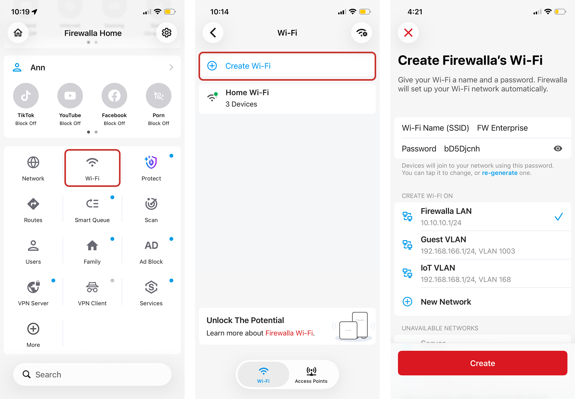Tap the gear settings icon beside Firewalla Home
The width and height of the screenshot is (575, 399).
point(167,32)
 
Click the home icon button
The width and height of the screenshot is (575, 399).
point(18,32)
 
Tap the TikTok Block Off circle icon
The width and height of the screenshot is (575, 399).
point(26,96)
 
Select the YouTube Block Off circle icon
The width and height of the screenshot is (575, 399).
point(70,96)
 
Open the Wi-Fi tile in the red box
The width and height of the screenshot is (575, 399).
point(92,168)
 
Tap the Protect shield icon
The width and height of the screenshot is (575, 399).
point(151,162)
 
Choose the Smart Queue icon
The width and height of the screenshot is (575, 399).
point(92,204)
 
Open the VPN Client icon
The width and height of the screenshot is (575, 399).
point(92,287)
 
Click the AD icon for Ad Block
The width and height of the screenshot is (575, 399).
point(151,246)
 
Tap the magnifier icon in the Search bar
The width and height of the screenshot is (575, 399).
point(27,374)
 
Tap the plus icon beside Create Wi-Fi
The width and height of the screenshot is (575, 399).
point(212,66)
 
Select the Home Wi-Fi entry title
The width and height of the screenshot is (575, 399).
point(247,93)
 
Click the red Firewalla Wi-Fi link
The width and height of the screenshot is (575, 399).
point(289,333)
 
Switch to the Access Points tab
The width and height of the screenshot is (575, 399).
point(311,375)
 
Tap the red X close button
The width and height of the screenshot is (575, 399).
point(408,32)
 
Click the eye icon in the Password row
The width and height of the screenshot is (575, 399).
point(558,148)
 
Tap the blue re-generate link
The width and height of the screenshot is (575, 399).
point(500,173)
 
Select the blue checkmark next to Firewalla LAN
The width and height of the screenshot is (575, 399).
point(559,217)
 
